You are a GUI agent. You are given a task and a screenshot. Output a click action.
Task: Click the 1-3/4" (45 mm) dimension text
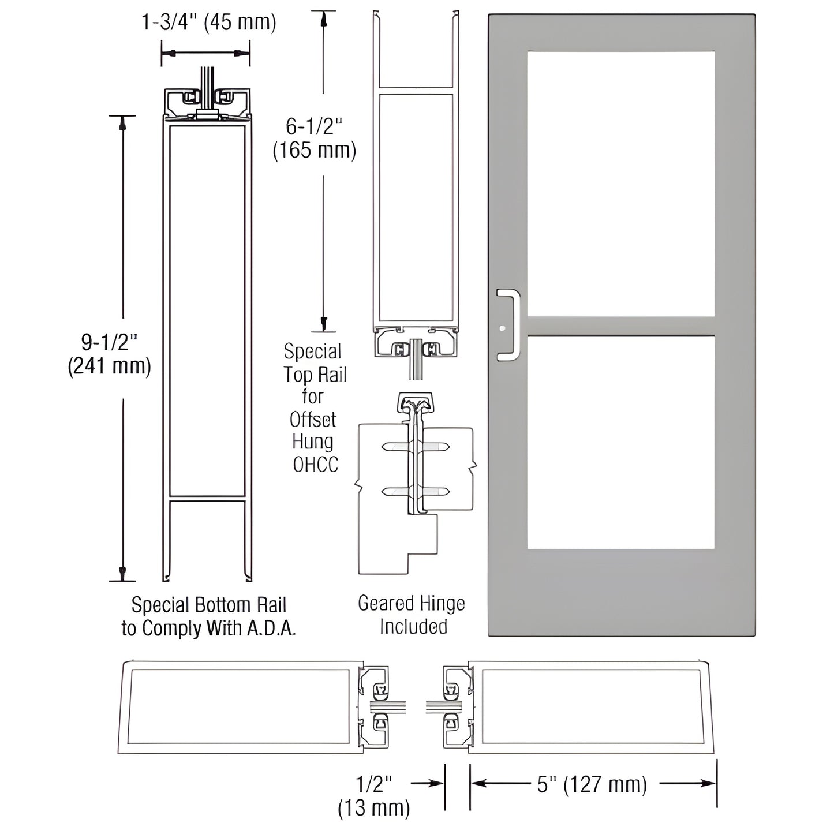click(x=208, y=23)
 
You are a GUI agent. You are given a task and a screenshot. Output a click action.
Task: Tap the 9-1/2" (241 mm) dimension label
click(x=109, y=354)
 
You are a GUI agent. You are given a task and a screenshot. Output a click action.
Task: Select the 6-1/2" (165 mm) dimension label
click(x=314, y=139)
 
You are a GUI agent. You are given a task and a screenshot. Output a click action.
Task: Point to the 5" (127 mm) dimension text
click(x=592, y=784)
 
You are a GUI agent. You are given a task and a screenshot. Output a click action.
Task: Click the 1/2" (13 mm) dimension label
click(x=374, y=795)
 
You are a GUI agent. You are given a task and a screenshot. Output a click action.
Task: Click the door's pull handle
click(x=508, y=325)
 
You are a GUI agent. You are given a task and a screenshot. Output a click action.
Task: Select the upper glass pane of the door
click(x=620, y=184)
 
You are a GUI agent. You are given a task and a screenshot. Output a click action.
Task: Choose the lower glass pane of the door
click(x=620, y=442)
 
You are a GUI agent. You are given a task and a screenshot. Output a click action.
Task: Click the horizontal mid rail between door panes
click(x=620, y=326)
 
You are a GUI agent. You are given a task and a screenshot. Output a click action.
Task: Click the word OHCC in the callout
click(x=315, y=465)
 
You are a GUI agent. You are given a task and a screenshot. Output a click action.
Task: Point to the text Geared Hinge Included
click(x=412, y=615)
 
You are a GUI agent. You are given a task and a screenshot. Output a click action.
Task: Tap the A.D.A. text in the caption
click(x=271, y=629)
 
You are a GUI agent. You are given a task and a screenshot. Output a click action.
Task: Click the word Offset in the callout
click(x=313, y=420)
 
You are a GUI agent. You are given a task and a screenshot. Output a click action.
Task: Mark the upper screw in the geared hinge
click(x=416, y=447)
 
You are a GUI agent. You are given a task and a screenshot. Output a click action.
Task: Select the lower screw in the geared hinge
click(x=416, y=492)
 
